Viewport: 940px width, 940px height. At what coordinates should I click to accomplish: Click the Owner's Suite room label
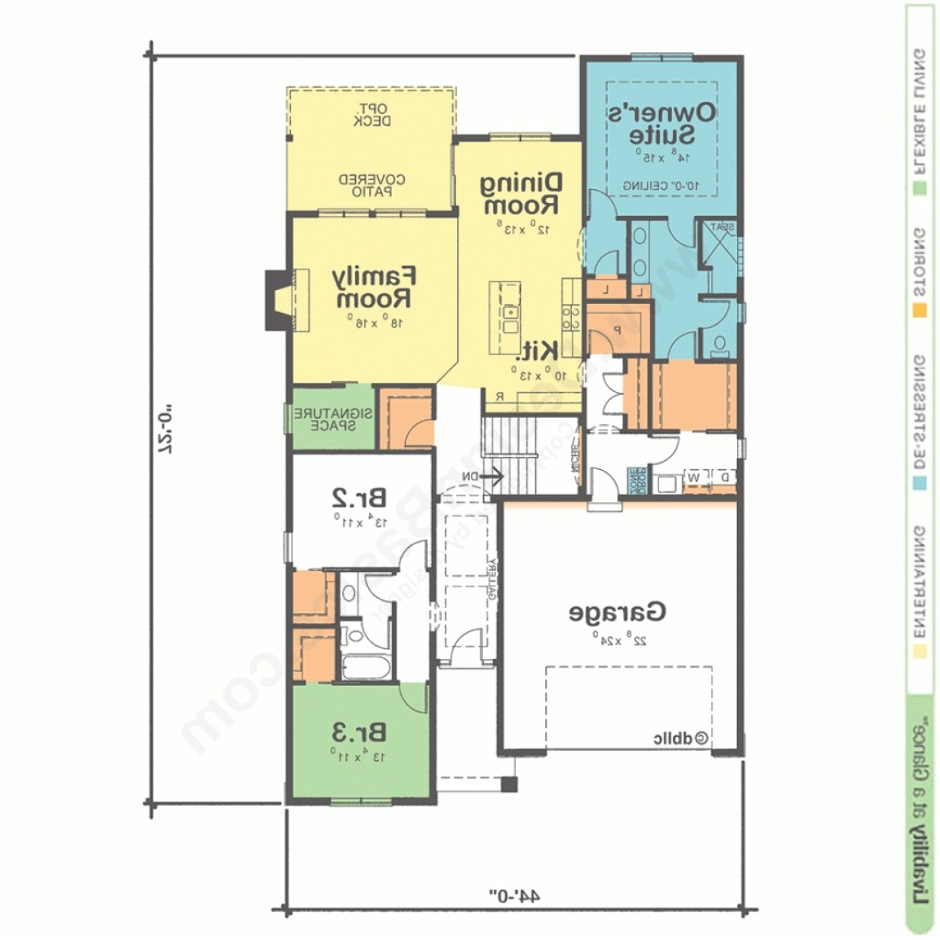pos(662,123)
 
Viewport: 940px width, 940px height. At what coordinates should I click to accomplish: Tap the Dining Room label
pos(521,194)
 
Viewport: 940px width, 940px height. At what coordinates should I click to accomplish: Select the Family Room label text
pos(374,286)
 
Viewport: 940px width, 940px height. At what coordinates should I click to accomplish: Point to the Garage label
pos(617,612)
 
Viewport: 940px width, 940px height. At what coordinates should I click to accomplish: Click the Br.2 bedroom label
pos(358,498)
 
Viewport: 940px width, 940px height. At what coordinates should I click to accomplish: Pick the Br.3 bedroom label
pos(358,733)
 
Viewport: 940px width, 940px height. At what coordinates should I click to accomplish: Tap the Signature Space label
pos(334,419)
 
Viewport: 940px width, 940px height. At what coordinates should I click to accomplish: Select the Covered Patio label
pos(372,185)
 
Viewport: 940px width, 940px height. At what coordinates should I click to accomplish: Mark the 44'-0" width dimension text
pos(514,895)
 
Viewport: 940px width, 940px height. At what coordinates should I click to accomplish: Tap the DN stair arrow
pos(481,477)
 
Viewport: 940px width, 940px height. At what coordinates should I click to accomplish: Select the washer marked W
pos(694,478)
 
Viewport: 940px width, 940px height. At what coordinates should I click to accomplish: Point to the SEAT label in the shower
pos(723,227)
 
